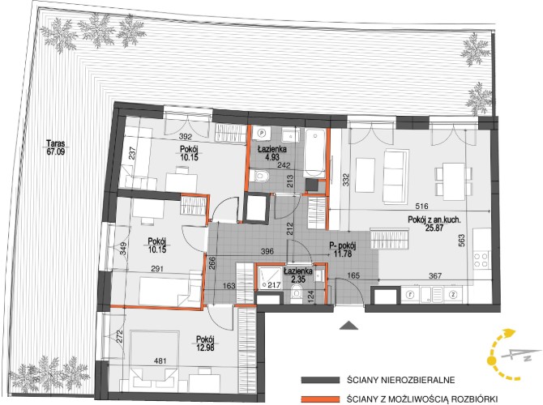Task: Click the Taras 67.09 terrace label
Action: [x=56, y=147]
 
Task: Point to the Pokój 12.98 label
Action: [x=205, y=343]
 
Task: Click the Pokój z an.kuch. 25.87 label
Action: [x=434, y=224]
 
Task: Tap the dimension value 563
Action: [x=462, y=241]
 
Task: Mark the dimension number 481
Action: [x=160, y=360]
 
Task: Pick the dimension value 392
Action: [x=186, y=137]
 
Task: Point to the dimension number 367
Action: [x=435, y=276]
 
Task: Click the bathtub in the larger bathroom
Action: [x=314, y=153]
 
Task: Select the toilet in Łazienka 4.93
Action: [x=262, y=176]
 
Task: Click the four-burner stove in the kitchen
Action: [x=481, y=260]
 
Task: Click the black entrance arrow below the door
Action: [x=349, y=326]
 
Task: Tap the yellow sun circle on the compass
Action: [x=492, y=360]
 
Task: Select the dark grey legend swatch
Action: [x=320, y=380]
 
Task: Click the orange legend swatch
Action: [x=320, y=399]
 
